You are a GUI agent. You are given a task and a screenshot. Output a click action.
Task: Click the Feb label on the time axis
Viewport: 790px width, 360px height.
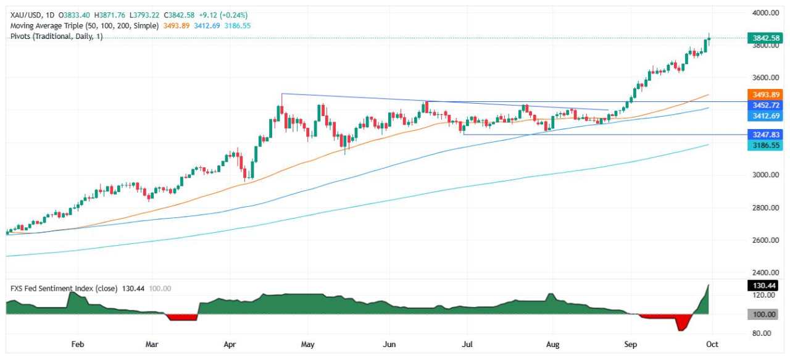(77, 344)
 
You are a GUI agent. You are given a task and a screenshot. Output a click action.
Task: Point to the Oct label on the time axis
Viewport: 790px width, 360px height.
(712, 344)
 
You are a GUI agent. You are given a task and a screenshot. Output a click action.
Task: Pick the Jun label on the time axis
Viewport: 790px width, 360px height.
(388, 344)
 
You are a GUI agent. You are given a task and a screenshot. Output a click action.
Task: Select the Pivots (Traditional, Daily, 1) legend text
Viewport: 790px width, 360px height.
(57, 37)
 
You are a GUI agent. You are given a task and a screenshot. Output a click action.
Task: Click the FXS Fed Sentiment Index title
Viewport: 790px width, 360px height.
(62, 288)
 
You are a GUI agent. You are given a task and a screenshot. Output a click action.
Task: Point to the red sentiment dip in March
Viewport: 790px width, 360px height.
(181, 317)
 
